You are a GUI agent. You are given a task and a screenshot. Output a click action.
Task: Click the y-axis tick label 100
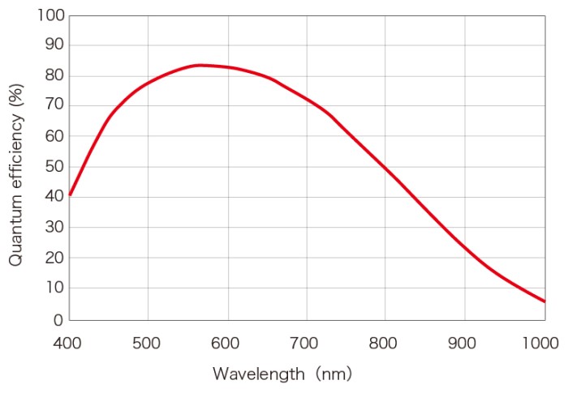[49, 15]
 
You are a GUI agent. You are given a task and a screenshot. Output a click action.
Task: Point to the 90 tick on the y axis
[53, 45]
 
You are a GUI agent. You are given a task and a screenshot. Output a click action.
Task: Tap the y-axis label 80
[53, 76]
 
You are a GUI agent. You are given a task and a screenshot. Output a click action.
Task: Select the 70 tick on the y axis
[53, 106]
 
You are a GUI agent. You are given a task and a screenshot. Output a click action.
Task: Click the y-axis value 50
[53, 167]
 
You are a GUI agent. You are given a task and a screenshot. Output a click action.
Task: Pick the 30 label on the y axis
[53, 228]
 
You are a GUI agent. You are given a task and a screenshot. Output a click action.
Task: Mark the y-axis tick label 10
[53, 288]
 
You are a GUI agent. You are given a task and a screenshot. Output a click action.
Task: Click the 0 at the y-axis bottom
[58, 319]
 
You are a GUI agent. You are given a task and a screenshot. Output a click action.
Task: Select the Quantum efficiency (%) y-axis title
[15, 167]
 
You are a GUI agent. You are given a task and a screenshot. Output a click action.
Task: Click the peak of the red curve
[198, 65]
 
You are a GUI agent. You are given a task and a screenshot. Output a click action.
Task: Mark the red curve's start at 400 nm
[71, 194]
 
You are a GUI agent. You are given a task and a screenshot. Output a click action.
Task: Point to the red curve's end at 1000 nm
[544, 301]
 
